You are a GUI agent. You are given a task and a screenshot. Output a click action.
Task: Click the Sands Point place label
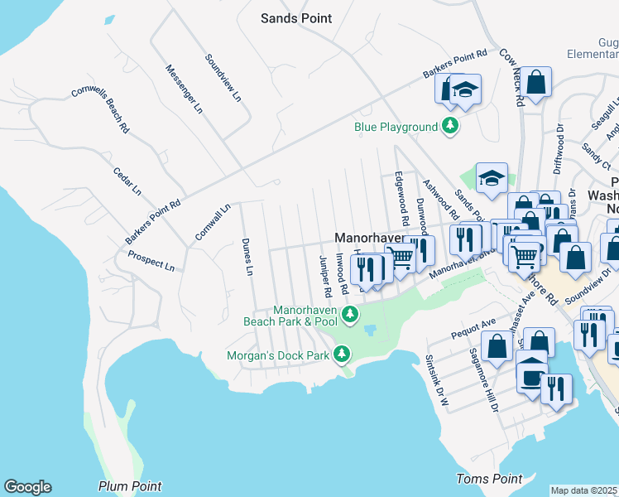click(x=295, y=18)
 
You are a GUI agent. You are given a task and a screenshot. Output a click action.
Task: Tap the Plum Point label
click(x=130, y=486)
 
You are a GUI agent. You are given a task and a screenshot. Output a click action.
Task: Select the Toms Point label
click(x=489, y=479)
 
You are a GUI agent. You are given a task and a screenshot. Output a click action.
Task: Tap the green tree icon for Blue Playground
click(x=450, y=127)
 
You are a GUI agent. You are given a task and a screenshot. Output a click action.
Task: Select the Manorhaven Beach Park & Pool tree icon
click(x=350, y=314)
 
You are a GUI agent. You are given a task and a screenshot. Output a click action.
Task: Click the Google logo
click(x=27, y=487)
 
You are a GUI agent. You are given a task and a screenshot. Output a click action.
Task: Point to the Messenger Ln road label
click(x=184, y=88)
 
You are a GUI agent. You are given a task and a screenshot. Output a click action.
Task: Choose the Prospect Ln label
click(x=151, y=262)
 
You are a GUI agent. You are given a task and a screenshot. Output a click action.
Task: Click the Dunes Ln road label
click(x=246, y=257)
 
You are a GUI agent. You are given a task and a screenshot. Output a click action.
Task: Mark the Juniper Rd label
click(x=325, y=276)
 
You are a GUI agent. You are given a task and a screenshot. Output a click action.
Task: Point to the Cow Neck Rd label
click(x=511, y=77)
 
